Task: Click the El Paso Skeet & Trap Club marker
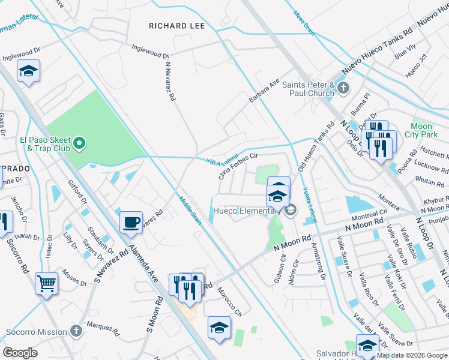click(79, 143)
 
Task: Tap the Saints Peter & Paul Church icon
click(343, 89)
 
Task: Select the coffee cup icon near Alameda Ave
click(131, 222)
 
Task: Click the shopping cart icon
click(46, 283)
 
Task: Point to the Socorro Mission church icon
click(76, 331)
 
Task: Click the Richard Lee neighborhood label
click(176, 26)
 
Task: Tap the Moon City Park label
click(421, 131)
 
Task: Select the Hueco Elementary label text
click(243, 211)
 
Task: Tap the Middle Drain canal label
click(189, 208)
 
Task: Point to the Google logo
click(20, 352)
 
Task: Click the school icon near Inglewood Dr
click(28, 71)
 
